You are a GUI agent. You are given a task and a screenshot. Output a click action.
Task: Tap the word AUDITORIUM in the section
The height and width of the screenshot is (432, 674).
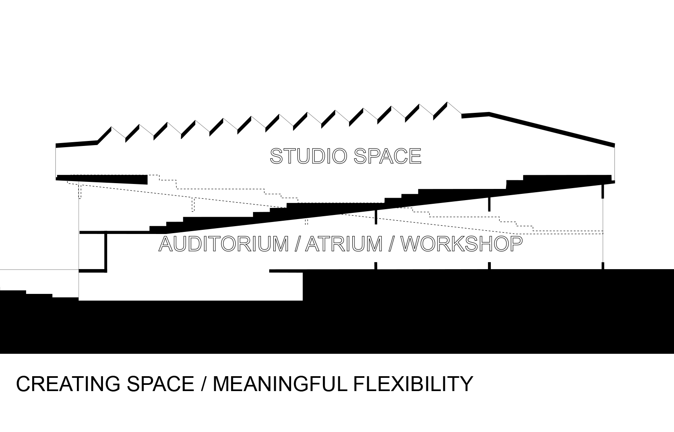pyautogui.click(x=224, y=243)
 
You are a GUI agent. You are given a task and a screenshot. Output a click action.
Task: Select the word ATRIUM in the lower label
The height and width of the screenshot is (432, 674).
pyautogui.click(x=344, y=243)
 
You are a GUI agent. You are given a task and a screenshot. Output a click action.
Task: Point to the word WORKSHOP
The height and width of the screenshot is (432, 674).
pyautogui.click(x=461, y=243)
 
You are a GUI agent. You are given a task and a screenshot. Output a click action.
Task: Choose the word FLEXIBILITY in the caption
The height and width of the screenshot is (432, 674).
pyautogui.click(x=413, y=384)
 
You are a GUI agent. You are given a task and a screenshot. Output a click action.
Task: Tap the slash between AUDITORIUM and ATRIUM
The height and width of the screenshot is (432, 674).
pyautogui.click(x=297, y=243)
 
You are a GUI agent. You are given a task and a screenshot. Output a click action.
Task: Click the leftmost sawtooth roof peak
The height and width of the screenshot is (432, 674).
pyautogui.click(x=111, y=128)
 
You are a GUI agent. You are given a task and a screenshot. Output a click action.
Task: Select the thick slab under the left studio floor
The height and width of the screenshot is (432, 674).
pyautogui.click(x=103, y=179)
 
